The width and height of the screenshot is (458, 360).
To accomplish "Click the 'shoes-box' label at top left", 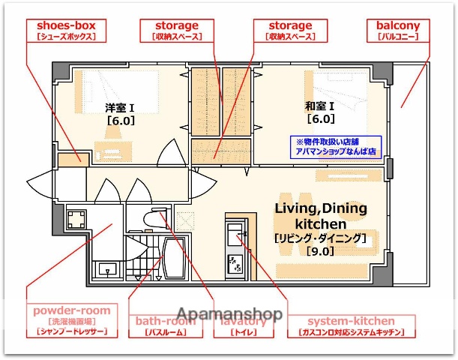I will click(64, 31).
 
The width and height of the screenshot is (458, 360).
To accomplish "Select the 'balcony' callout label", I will click(398, 31).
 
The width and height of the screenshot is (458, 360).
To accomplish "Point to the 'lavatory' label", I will click(239, 325).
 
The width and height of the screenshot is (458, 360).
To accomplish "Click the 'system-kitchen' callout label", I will click(352, 325).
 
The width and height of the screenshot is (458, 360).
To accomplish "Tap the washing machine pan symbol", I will click(76, 220).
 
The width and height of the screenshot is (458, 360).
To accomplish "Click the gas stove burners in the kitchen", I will click(235, 263).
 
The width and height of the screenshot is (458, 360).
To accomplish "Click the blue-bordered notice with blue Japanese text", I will click(337, 145).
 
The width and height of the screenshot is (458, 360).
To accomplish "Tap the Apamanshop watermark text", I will click(229, 313).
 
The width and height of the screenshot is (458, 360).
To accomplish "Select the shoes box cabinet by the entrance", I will click(71, 158).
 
